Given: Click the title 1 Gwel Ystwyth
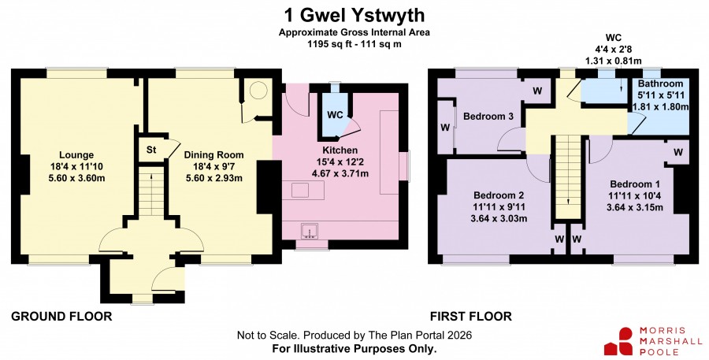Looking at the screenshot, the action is coord(354,16).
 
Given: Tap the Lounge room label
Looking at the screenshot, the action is coord(76,154).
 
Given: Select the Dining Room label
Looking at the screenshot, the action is coord(213,154).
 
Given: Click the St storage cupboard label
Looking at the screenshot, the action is coord(151,150).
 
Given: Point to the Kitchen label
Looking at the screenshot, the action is coord(340,150).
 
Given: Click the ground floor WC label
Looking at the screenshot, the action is coord(335,115).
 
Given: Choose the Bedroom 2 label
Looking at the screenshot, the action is coord(499,195).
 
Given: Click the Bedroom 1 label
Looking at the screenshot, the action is coord(635,184).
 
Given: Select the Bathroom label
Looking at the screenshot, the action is coord(660,84).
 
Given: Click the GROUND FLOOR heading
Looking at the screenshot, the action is coord(61,316).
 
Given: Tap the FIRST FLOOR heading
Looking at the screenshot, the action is coord(471,316).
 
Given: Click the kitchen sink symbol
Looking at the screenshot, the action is coord(310,231).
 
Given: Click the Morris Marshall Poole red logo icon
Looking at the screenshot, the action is coord(618,341).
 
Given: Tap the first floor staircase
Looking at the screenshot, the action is coord(568,176).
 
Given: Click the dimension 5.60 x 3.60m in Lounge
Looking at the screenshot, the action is coord(76,178).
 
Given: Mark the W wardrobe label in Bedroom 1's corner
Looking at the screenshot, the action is coord(677,153).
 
